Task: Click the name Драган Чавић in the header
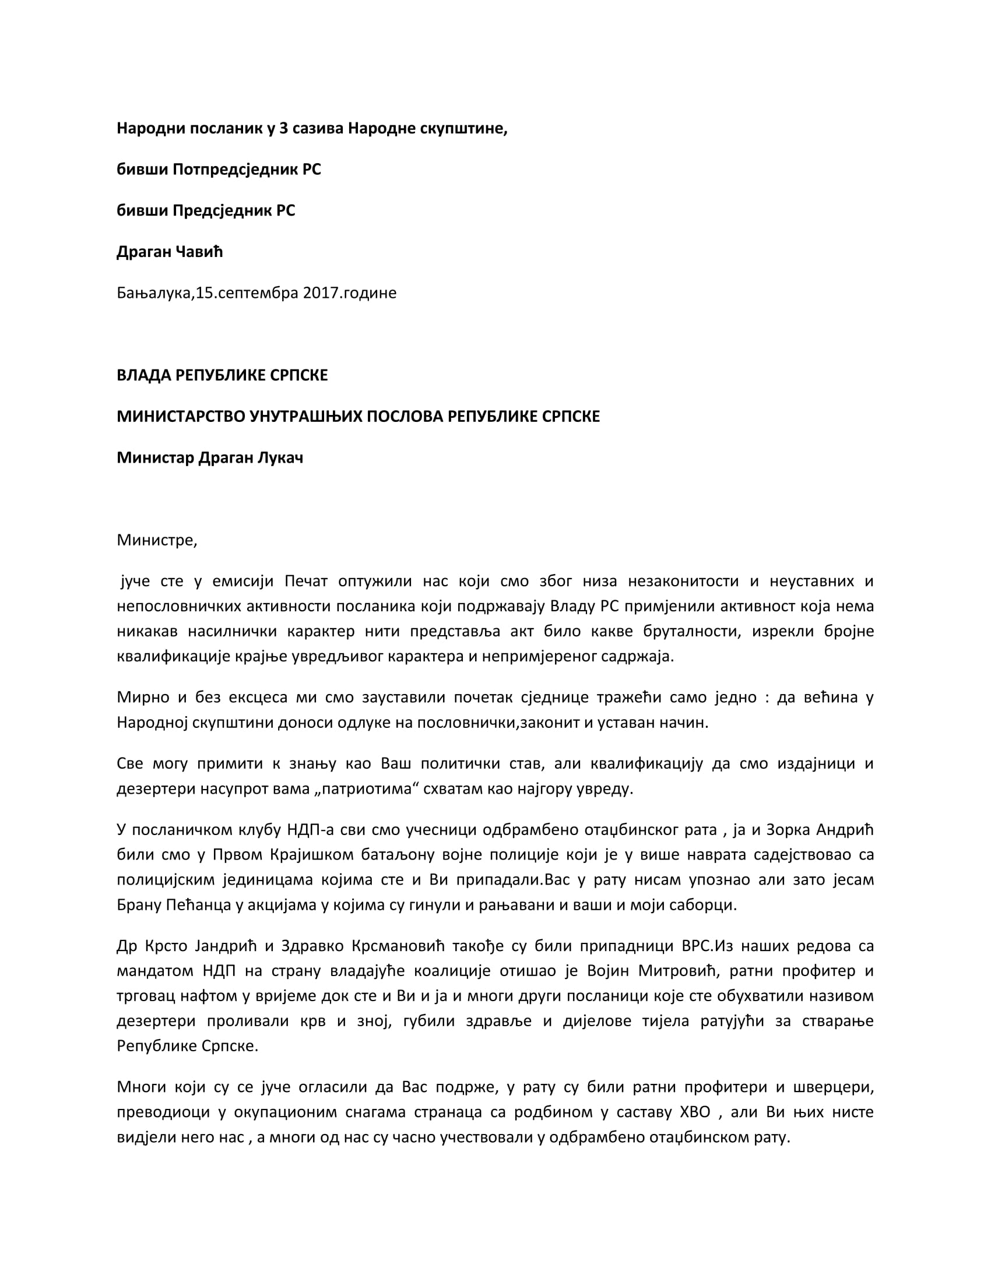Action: pos(170,252)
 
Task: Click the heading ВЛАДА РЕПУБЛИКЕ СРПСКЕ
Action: pos(222,375)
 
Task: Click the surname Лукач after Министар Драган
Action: pos(280,457)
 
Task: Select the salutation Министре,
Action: pos(157,540)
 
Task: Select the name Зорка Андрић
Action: pos(834,829)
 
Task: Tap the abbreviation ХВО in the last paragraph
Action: pos(694,1112)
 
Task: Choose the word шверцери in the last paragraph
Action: pos(834,1087)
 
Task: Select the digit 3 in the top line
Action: pos(283,128)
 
